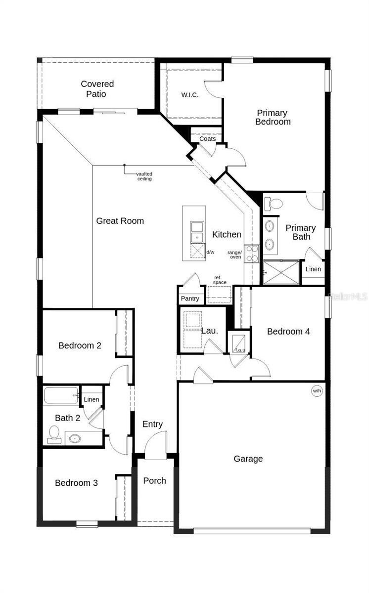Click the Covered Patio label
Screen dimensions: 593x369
click(x=97, y=89)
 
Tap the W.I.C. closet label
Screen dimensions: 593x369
click(x=190, y=95)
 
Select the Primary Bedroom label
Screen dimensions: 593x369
click(x=273, y=117)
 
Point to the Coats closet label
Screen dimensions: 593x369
click(x=208, y=139)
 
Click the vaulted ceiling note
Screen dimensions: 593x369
click(x=144, y=176)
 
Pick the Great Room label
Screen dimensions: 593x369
click(x=120, y=221)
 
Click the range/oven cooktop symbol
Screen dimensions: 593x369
click(x=251, y=254)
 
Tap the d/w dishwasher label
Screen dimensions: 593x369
click(x=210, y=253)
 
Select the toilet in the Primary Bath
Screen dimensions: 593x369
click(x=273, y=203)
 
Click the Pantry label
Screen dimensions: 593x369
click(x=190, y=298)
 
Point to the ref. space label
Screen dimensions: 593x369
click(x=220, y=280)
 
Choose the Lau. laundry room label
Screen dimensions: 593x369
click(x=209, y=331)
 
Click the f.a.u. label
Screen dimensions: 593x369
click(x=240, y=350)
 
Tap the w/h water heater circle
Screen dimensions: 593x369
click(x=317, y=391)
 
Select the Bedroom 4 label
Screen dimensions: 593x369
click(x=288, y=332)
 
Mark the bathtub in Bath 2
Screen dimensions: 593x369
click(x=61, y=396)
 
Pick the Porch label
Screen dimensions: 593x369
click(x=155, y=481)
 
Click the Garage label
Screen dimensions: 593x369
click(x=248, y=459)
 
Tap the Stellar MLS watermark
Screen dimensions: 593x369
click(x=349, y=297)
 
